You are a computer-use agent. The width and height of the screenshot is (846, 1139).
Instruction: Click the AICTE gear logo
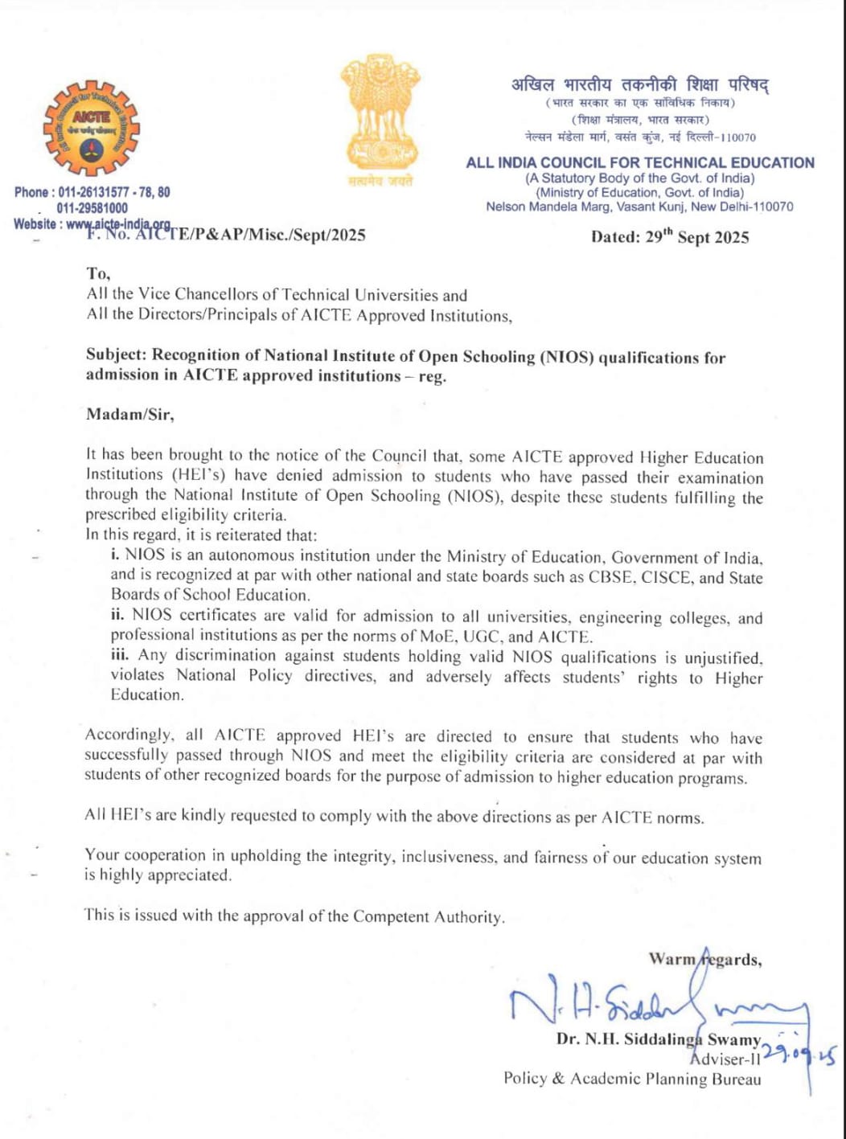pos(91,129)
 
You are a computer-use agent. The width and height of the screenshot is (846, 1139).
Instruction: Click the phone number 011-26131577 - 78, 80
pos(92,192)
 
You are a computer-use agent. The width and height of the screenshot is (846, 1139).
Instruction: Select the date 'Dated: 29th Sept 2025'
pos(669,237)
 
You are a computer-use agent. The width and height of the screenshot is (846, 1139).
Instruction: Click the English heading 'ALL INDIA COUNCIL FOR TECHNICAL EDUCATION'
pos(640,162)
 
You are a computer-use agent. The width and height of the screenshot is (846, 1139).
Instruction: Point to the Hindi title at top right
pos(640,84)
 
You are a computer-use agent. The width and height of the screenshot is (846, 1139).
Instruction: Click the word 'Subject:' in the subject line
pos(117,355)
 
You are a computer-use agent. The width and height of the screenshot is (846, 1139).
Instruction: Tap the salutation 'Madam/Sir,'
pos(129,415)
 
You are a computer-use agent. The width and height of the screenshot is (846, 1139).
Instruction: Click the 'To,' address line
pos(99,274)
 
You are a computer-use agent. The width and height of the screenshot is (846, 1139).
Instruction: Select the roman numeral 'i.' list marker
pos(116,555)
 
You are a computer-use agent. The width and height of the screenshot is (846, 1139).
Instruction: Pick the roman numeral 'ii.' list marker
pos(117,615)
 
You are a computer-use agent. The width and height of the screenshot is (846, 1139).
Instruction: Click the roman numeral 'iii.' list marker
pos(120,655)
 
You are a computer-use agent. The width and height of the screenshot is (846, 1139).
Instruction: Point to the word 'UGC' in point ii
pos(482,637)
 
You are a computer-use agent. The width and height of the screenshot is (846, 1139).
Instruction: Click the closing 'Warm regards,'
pos(705,959)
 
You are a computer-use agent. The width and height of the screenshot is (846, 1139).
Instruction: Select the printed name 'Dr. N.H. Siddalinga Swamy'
pos(658,1039)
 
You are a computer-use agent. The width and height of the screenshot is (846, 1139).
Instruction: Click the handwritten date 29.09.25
pos(799,1054)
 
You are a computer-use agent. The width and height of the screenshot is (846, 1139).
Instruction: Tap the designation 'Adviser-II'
pos(725,1059)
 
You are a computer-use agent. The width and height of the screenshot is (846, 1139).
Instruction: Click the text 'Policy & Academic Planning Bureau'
pos(632,1079)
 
